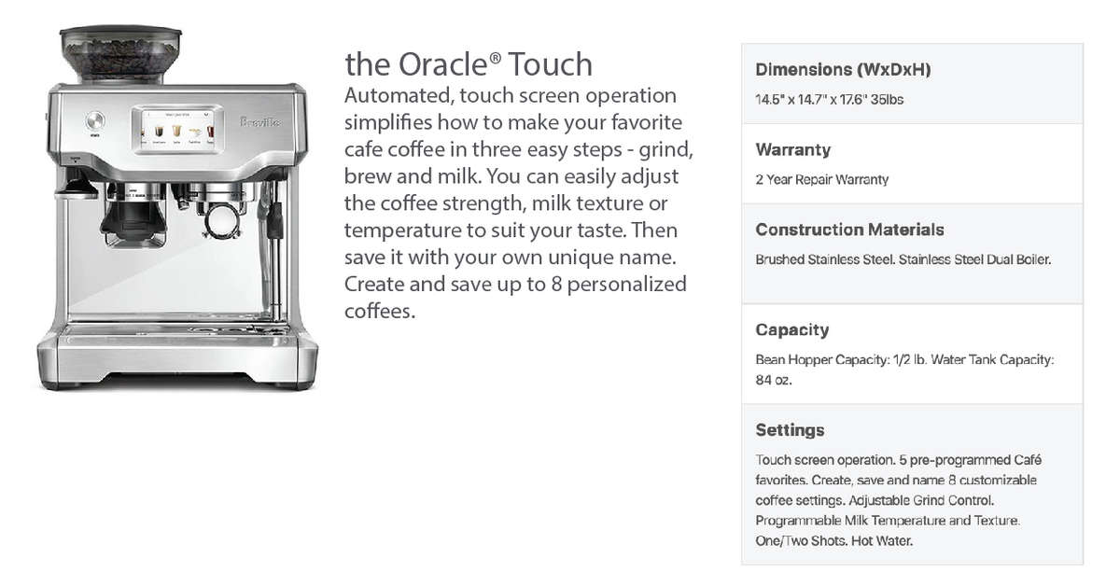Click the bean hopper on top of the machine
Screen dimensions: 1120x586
pyautogui.click(x=120, y=54)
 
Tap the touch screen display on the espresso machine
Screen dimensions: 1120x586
pyautogui.click(x=177, y=130)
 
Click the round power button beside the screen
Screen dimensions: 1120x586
pyautogui.click(x=95, y=120)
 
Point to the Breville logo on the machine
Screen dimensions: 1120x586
pyautogui.click(x=260, y=122)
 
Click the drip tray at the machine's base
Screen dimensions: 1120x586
pyautogui.click(x=177, y=332)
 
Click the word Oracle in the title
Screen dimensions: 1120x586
pyautogui.click(x=442, y=64)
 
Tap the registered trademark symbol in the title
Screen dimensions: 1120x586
pyautogui.click(x=495, y=58)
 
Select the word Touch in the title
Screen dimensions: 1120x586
pyautogui.click(x=551, y=64)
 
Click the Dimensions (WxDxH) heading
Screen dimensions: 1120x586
pyautogui.click(x=843, y=69)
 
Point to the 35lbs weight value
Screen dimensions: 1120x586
pyautogui.click(x=887, y=100)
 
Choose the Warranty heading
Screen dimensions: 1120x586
pyautogui.click(x=793, y=149)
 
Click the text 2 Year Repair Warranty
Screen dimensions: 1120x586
pyautogui.click(x=822, y=179)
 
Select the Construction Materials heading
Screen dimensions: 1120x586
pyautogui.click(x=849, y=230)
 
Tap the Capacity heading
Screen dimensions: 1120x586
pyautogui.click(x=792, y=330)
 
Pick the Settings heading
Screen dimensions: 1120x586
pyautogui.click(x=790, y=430)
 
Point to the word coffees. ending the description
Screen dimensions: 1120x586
pyautogui.click(x=380, y=311)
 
